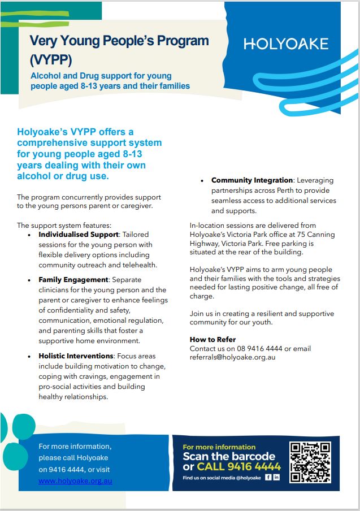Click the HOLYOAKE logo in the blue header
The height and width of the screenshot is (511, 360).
286,44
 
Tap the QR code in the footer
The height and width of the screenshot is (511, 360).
310,462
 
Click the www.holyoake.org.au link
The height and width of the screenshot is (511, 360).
75,480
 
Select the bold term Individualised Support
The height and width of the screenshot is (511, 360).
77,233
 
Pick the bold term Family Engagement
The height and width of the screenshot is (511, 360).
73,279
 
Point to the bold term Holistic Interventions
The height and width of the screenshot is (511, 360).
76,356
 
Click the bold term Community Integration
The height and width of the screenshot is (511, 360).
252,180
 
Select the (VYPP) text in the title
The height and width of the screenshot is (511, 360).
50,60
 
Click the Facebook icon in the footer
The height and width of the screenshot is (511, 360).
268,478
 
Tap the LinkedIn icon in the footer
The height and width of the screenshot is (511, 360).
276,478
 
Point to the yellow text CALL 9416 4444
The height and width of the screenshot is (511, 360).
238,467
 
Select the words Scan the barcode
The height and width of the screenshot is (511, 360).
229,456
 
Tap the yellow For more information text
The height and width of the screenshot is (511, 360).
219,447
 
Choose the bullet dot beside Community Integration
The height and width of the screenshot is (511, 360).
202,180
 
